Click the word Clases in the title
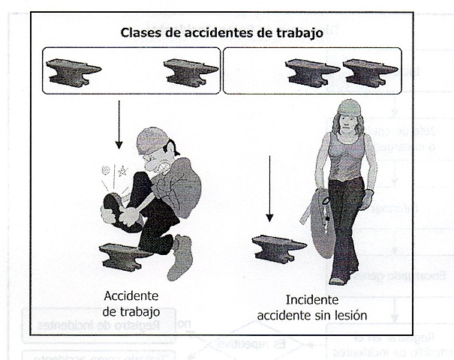pyautogui.click(x=140, y=33)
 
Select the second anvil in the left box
pyautogui.click(x=188, y=71)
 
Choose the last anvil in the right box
pyautogui.click(x=368, y=71)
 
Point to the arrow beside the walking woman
pyautogui.click(x=269, y=187)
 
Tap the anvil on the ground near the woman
pyautogui.click(x=277, y=247)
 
